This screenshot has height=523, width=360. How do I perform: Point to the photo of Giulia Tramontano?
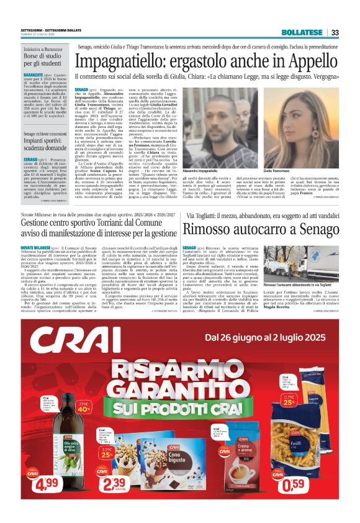point(297,119)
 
